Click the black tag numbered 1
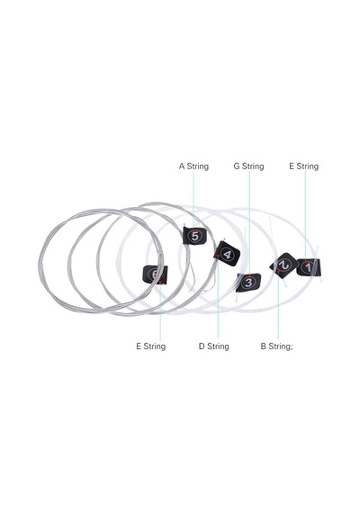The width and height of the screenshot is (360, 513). tap(309, 267)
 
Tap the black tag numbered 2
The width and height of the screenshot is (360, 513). tap(283, 265)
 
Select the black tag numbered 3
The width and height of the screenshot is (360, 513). tap(248, 283)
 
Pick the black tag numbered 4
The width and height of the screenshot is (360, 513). tap(227, 254)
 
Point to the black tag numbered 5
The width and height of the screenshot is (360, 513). tap(194, 236)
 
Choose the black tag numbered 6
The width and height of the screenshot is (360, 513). tap(155, 274)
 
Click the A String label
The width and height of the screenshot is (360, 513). tap(193, 166)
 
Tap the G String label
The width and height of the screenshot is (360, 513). tap(248, 166)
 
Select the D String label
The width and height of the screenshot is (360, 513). tap(213, 346)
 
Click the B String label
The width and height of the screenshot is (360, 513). tap(276, 346)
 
